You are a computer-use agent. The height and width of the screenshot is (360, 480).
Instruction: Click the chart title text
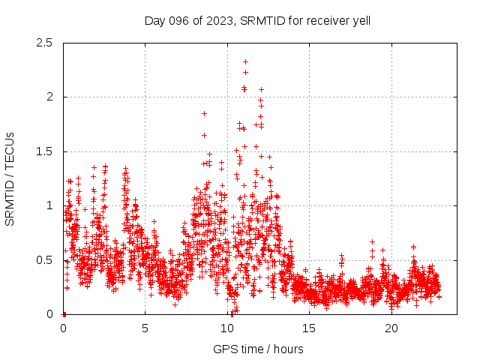(x=257, y=20)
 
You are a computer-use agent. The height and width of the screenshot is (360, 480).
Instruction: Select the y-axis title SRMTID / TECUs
(x=10, y=178)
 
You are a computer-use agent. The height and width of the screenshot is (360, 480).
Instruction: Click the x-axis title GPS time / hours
(x=258, y=349)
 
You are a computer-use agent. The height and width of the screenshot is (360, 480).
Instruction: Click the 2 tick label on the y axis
(x=49, y=97)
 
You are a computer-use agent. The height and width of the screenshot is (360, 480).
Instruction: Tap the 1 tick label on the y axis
(x=49, y=205)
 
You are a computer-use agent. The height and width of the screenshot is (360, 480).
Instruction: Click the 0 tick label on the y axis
(x=49, y=314)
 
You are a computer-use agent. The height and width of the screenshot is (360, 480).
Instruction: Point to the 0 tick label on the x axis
(x=63, y=328)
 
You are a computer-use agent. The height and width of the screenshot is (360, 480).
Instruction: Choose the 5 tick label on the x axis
(x=145, y=328)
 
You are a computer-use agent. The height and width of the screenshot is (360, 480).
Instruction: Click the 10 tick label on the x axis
(x=227, y=328)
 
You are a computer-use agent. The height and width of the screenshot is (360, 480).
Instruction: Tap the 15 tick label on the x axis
(x=310, y=328)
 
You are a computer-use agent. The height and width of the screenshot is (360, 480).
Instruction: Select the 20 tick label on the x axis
(x=391, y=328)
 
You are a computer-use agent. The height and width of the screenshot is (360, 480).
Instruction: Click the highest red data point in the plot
(x=245, y=61)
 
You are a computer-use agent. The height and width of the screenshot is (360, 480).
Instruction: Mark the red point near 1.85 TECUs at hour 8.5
(x=204, y=113)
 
